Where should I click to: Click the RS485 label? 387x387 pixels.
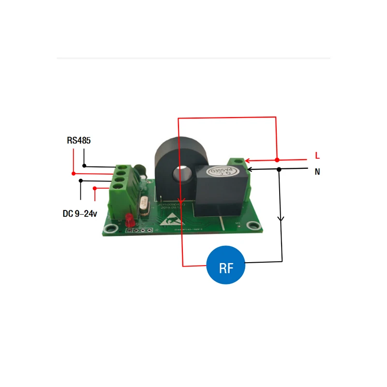click(x=79, y=141)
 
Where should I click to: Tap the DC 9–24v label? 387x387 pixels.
click(x=80, y=213)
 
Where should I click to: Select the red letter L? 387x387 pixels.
click(x=317, y=156)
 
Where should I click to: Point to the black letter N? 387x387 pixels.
click(x=317, y=171)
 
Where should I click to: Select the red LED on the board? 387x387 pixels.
click(x=129, y=220)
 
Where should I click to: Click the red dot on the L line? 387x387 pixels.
click(x=276, y=160)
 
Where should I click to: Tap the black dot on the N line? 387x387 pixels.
click(x=279, y=169)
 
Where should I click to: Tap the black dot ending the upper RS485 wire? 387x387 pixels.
click(x=84, y=166)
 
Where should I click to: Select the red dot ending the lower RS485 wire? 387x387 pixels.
click(x=74, y=173)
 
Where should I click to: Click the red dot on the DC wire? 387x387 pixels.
click(x=95, y=188)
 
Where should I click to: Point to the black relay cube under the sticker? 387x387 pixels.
click(x=220, y=193)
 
